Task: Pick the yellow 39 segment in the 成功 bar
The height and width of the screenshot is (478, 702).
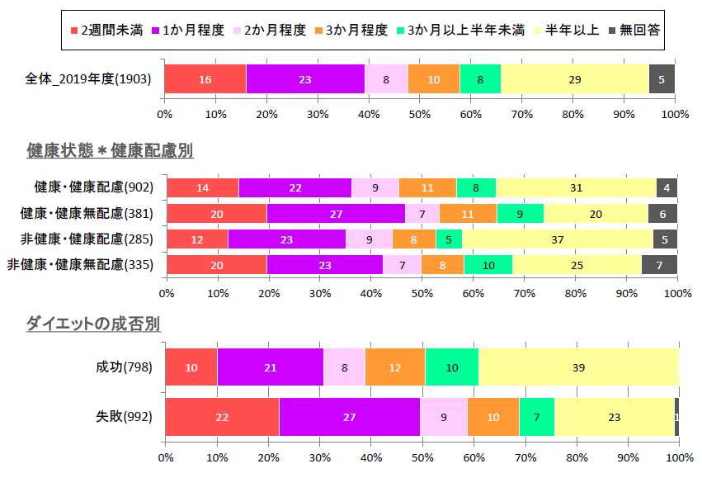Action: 578,367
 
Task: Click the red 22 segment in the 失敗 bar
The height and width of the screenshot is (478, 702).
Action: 222,417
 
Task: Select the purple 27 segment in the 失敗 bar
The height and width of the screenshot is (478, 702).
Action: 350,417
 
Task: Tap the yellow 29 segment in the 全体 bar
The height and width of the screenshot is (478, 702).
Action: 574,79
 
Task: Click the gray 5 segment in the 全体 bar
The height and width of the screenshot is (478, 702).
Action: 662,79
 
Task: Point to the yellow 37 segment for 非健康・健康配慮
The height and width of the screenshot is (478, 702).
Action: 557,239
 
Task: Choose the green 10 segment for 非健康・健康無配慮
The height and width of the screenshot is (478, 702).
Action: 488,265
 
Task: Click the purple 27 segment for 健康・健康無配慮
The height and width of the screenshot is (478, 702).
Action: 336,214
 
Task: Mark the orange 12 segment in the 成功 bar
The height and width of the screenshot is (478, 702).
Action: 394,367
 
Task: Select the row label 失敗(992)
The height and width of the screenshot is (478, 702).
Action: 123,417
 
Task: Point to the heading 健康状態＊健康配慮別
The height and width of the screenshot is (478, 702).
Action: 110,150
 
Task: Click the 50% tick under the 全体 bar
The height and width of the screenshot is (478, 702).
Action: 420,113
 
